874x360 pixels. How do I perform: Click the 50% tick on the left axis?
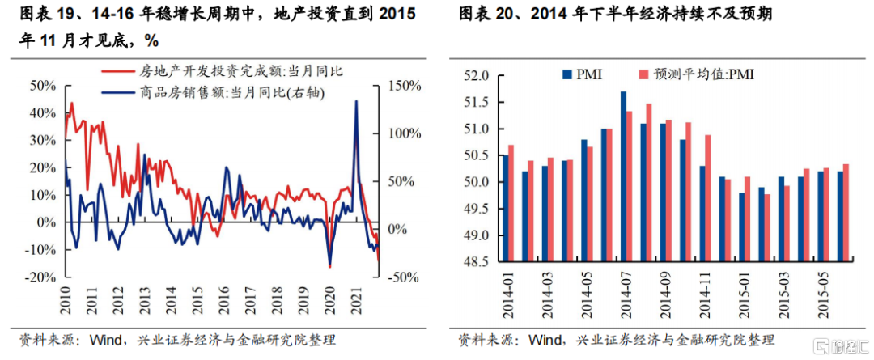43,86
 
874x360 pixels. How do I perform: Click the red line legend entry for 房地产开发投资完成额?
218,72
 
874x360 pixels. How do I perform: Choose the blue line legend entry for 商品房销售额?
218,93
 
